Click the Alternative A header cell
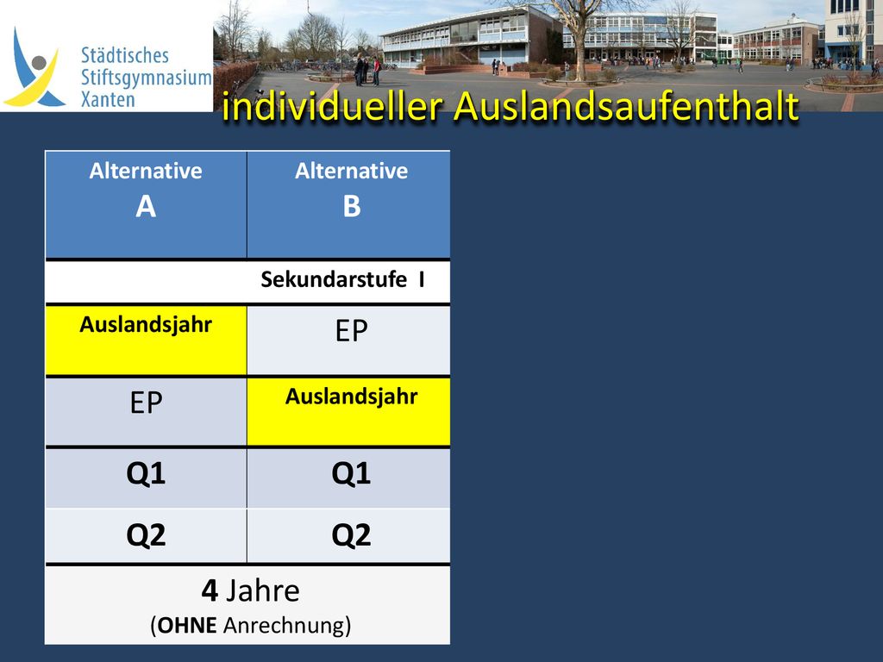[146, 204]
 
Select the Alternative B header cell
[348, 204]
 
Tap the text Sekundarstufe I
[342, 279]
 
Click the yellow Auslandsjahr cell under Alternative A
[146, 340]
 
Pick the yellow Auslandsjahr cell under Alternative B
[348, 411]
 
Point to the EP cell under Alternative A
[146, 411]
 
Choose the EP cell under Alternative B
[348, 340]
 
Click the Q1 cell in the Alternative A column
[146, 478]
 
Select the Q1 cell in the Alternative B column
[348, 478]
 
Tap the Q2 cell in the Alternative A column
[146, 535]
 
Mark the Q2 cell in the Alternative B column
[348, 535]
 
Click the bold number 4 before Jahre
[210, 590]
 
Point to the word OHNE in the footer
[187, 626]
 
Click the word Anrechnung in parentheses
[284, 626]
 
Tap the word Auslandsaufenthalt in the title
[626, 105]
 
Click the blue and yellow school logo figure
[34, 68]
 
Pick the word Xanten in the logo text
[108, 100]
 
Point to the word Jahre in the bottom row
[262, 590]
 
